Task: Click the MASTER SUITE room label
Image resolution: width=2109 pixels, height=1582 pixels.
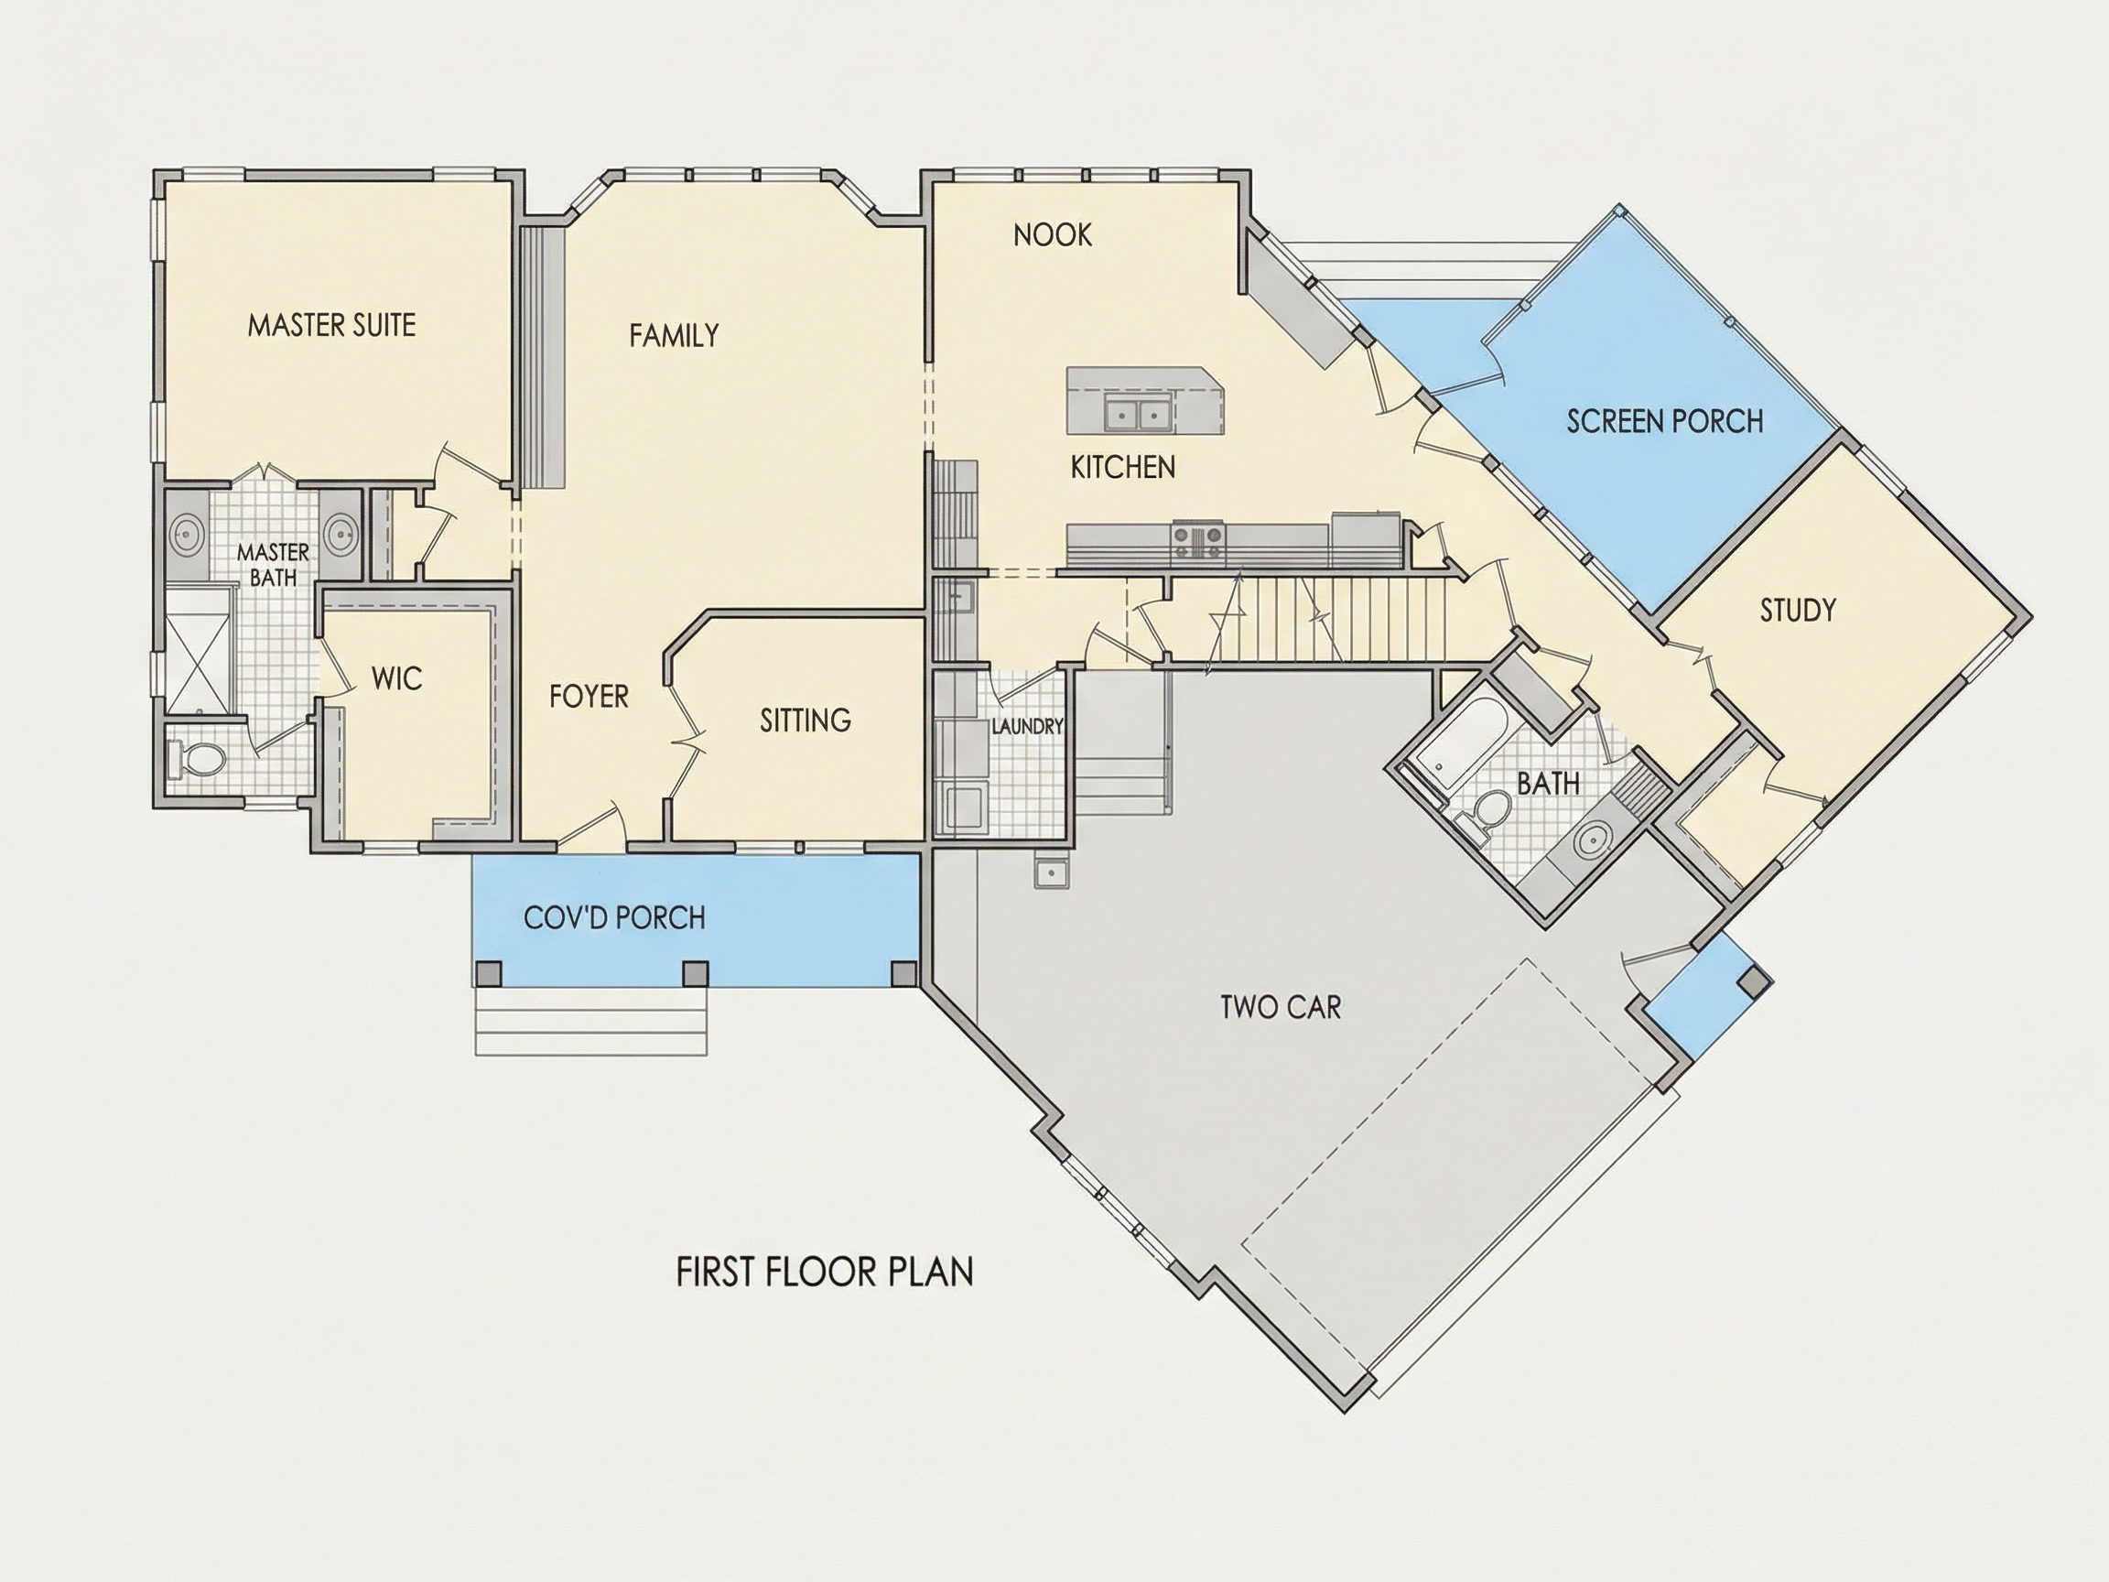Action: coord(331,325)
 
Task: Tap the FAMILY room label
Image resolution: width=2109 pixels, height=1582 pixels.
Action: coord(674,336)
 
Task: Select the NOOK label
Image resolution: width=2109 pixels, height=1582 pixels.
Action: coord(1053,234)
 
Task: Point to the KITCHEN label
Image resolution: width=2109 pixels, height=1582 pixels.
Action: coord(1123,467)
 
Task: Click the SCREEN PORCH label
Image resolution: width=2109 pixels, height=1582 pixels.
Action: coord(1665,421)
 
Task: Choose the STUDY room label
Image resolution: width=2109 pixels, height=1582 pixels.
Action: coord(1798,611)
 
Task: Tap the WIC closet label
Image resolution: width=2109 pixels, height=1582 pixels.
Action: coord(396,679)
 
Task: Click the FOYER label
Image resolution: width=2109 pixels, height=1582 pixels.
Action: coord(589,697)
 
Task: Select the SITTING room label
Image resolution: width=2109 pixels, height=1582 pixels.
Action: coord(806,721)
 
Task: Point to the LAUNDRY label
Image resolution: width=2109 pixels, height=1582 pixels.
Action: coord(1028,727)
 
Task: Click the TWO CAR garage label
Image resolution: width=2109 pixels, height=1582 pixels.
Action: coord(1281,1007)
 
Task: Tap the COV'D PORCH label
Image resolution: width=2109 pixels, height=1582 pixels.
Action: coord(615,918)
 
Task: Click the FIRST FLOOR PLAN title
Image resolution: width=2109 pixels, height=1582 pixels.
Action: coord(825,1272)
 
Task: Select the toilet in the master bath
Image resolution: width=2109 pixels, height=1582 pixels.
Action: coord(197,759)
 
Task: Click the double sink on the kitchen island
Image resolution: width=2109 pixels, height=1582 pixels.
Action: coord(1139,415)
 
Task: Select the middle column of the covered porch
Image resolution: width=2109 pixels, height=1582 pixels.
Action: coord(697,972)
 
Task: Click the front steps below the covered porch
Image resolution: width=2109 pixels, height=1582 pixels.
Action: coord(591,1021)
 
